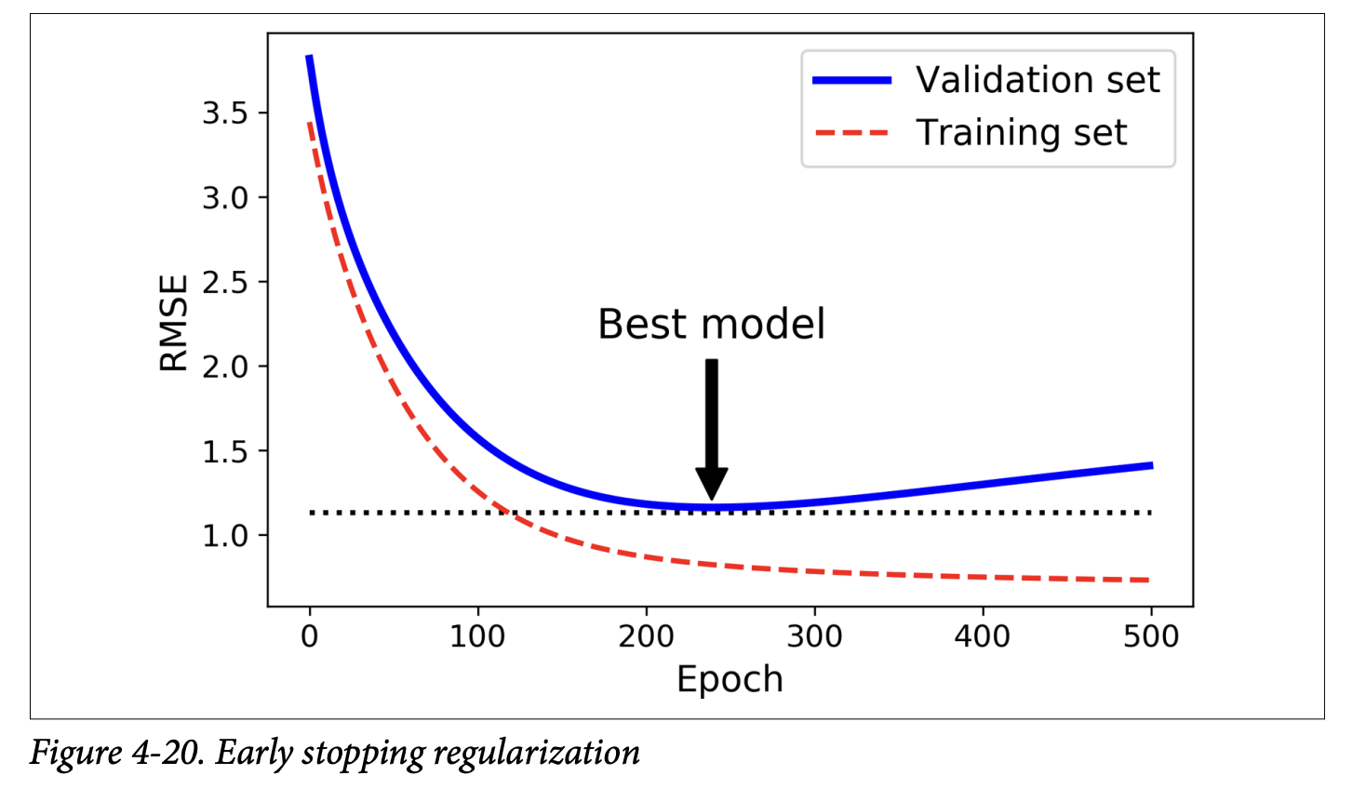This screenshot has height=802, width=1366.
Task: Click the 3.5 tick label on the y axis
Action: point(224,114)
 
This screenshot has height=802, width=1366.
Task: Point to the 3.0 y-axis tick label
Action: point(224,198)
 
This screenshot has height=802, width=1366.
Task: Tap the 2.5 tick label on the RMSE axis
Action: point(224,283)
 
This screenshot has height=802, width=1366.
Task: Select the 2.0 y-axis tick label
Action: point(224,368)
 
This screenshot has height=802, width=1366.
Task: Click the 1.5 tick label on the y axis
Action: point(224,452)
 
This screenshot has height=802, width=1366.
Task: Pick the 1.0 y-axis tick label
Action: point(224,537)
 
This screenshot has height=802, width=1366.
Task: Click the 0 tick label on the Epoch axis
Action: point(310,637)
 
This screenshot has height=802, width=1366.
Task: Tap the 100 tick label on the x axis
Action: point(477,637)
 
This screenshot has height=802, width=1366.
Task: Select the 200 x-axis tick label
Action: point(646,637)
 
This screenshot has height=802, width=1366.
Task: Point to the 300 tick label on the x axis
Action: point(814,637)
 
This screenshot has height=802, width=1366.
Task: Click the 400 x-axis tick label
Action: point(983,637)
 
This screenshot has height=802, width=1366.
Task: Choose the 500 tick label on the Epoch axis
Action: point(1151,637)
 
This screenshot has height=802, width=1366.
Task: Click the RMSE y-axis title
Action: point(174,323)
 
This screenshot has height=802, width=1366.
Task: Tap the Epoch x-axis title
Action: point(730,680)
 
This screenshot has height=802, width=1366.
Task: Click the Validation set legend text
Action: point(1038,80)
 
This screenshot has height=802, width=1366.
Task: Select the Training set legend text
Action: point(1021,133)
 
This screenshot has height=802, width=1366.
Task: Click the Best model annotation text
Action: point(711,325)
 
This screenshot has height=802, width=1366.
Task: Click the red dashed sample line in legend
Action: point(851,133)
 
